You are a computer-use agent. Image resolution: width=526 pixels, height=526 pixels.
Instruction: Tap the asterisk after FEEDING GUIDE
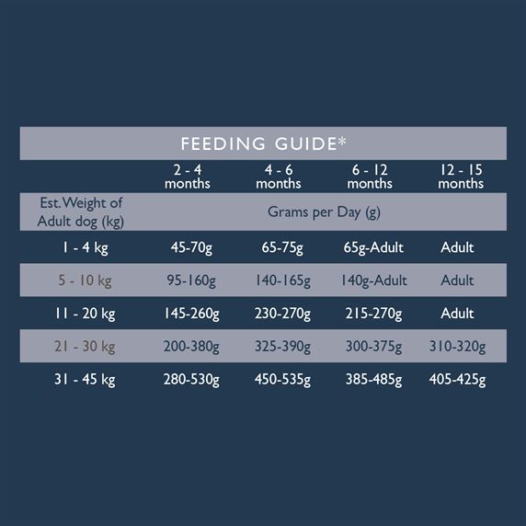341,141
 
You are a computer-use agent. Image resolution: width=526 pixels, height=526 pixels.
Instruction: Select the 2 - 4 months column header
188,177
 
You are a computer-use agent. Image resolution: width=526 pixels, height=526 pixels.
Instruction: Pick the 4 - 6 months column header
279,177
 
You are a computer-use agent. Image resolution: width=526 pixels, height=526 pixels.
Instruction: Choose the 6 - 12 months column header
370,177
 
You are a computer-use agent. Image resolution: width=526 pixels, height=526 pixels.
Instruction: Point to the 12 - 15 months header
461,177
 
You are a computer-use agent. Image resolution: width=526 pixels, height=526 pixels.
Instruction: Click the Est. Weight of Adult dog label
81,212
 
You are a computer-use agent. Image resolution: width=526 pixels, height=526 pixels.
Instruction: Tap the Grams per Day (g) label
324,212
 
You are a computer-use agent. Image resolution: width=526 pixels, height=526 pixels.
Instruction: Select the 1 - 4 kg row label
86,248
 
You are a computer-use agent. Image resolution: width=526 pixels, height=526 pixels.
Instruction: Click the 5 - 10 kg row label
85,280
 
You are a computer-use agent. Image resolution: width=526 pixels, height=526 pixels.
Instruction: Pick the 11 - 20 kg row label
86,314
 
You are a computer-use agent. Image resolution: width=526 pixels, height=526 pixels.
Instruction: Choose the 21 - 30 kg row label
85,347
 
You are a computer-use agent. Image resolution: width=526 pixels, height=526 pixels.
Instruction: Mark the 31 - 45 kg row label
85,380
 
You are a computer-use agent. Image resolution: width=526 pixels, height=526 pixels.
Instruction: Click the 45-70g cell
191,248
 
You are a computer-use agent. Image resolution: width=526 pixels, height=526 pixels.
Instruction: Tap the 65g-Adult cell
373,248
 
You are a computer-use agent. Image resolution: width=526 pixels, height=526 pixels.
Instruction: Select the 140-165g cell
283,280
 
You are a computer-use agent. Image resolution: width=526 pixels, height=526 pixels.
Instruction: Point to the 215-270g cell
373,314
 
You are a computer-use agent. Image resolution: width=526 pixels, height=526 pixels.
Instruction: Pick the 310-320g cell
458,347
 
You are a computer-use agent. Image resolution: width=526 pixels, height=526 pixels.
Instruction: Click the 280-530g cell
191,380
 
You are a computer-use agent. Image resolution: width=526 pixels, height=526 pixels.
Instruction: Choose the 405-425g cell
458,380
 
